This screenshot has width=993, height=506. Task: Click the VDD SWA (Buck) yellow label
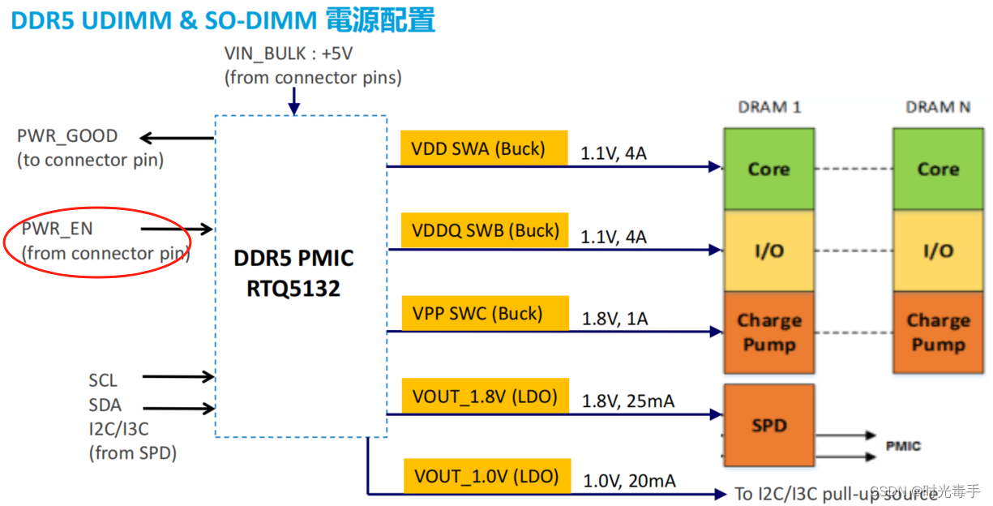484,148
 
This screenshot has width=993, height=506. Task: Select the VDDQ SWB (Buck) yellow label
484,230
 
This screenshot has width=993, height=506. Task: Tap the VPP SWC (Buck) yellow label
484,314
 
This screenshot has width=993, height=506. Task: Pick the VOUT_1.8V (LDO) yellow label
484,397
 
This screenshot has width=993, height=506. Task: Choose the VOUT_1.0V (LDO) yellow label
486,476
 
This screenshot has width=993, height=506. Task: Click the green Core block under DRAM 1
768,169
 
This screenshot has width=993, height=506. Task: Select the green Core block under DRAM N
938,169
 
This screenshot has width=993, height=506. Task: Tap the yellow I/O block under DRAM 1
768,251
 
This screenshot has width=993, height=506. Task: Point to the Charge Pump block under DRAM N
938,332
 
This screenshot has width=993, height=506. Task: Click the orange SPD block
768,425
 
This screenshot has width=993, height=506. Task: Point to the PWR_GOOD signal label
67,136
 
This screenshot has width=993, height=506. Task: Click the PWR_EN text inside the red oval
57,229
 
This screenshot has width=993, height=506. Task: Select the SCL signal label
103,380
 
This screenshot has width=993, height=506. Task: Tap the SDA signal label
105,405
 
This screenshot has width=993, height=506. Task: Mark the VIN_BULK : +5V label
289,54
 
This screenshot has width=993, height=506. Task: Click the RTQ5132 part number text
293,288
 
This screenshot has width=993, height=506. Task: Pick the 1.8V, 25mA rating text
628,401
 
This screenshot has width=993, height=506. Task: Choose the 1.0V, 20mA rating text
629,481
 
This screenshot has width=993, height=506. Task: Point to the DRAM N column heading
938,107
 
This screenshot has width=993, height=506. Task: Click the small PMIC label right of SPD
903,446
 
